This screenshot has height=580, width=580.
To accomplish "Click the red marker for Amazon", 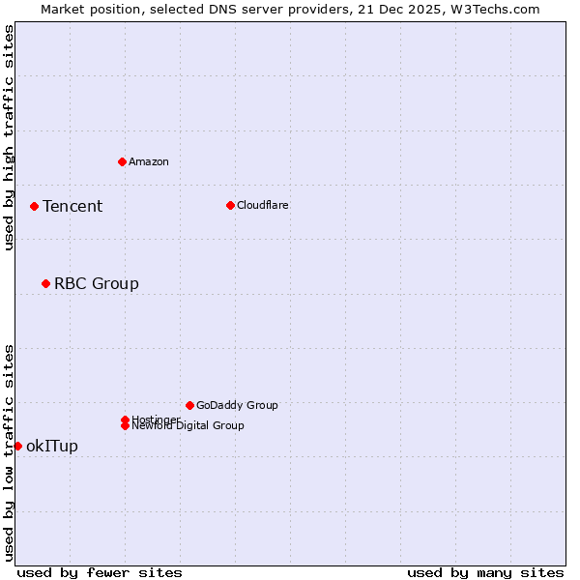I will click(122, 161).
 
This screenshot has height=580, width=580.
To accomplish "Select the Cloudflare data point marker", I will click(230, 205).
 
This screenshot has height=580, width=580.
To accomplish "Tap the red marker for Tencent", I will click(34, 206).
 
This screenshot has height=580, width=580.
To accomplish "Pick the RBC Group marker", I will click(45, 283).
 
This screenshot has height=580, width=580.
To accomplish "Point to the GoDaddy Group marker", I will click(189, 405).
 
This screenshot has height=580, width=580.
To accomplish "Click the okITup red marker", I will click(17, 446).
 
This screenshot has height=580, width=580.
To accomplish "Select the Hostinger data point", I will click(125, 420).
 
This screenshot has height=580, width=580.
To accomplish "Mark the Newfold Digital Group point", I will click(125, 425).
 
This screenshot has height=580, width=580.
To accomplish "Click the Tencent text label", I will click(72, 206).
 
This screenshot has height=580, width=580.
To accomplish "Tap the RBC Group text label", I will click(97, 283).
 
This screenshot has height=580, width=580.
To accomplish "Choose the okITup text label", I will click(52, 446).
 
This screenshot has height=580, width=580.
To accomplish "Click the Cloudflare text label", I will click(263, 205).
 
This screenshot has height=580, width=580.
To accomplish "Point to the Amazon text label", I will click(149, 161).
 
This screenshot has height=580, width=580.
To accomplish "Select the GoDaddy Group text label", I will click(237, 405).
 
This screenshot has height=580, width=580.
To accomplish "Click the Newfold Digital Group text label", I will click(188, 425).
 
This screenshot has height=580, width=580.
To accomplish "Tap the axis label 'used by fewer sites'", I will click(100, 572).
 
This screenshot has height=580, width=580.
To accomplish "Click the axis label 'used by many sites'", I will click(485, 572).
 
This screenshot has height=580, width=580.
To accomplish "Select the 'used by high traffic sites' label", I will click(9, 137).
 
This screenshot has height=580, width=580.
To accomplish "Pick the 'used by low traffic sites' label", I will click(9, 452).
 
